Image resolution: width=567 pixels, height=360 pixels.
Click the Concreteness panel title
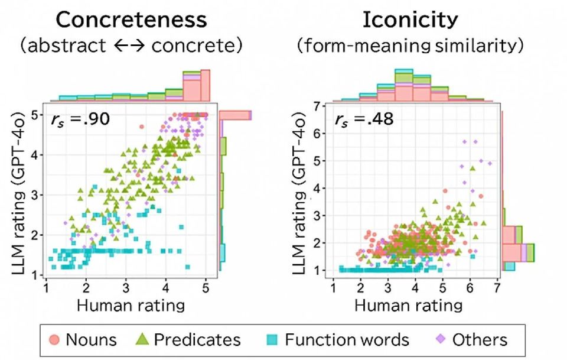point(132,20)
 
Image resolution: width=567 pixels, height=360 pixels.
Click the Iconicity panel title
point(410,20)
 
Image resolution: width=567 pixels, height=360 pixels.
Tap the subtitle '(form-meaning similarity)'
point(410,46)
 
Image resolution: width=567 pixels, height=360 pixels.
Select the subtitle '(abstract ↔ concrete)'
point(132,46)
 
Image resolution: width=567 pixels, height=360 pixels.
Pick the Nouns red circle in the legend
point(54,340)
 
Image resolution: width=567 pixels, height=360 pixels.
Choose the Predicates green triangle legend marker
point(142,340)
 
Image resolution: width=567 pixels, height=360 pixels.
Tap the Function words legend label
point(347,340)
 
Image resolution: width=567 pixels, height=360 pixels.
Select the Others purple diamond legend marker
point(440,340)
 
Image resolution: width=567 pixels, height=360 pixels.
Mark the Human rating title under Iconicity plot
point(408,305)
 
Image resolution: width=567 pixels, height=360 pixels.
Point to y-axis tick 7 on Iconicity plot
point(322,106)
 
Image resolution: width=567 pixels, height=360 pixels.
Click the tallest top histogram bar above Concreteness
point(205,85)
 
